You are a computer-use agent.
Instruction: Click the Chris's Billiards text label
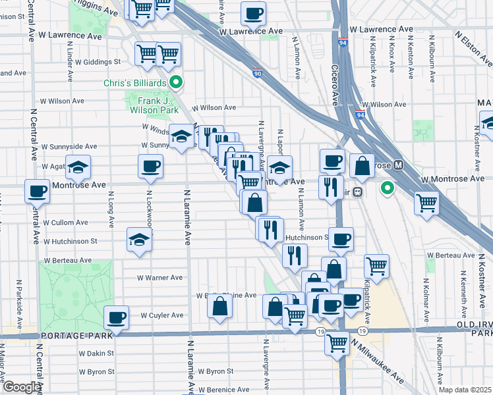coord(134,83)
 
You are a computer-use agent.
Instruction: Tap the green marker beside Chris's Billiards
coord(176,83)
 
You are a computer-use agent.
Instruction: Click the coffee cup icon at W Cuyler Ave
coord(117,318)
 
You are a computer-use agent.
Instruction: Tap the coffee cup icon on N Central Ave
coord(38,192)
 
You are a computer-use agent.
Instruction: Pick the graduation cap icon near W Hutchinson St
coord(140,240)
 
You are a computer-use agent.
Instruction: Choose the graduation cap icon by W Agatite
coord(78,168)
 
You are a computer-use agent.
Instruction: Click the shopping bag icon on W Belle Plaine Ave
coord(220,306)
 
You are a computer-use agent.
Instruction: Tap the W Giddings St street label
coord(98,62)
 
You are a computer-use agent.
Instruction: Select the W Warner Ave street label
coord(158,278)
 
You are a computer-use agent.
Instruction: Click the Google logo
coord(21,387)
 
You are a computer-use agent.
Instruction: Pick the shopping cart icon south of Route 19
coord(337,342)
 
